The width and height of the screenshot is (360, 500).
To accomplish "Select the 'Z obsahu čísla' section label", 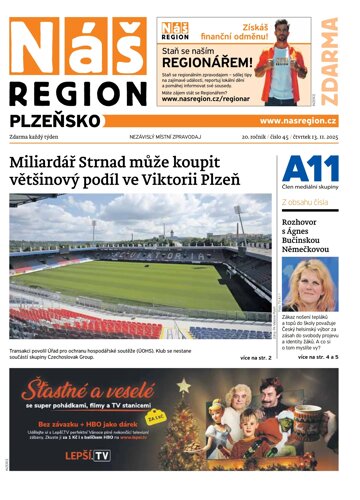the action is click(x=307, y=202).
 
